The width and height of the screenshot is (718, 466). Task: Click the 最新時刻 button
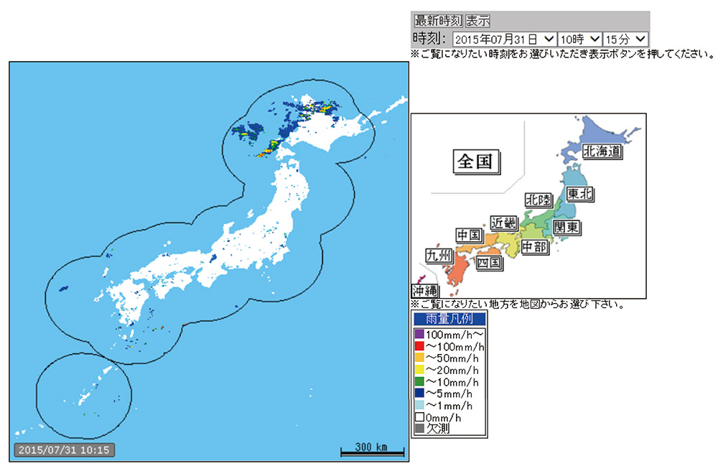[438, 21]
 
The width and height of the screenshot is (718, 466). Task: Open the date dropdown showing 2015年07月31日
[505, 39]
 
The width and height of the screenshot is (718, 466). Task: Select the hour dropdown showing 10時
[579, 39]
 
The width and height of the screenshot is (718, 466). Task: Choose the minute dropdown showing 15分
[625, 39]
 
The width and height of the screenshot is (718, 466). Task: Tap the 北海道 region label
[601, 151]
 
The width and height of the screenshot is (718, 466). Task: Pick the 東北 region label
[580, 194]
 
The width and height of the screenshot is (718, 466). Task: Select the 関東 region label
[566, 228]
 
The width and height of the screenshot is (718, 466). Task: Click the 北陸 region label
[538, 200]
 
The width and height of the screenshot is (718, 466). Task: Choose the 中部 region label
[533, 247]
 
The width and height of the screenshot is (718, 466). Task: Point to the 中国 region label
[469, 236]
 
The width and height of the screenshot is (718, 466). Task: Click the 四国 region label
[488, 263]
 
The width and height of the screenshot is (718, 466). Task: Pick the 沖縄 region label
[424, 291]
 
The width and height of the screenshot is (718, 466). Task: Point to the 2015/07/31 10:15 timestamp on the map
[63, 450]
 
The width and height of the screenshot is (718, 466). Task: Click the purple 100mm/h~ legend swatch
[419, 334]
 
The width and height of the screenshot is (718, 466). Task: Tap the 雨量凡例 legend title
[449, 318]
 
